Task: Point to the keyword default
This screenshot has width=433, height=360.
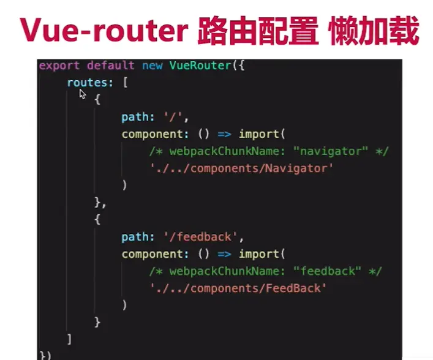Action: pos(111,65)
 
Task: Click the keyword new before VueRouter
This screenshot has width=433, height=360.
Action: pos(152,65)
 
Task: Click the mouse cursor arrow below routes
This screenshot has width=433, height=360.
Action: pos(83,94)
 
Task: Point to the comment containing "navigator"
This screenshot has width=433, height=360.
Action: pos(268,151)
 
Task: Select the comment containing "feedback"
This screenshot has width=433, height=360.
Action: pos(265,271)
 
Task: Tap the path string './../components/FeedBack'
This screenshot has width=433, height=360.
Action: pos(238,288)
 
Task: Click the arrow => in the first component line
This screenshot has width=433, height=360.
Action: pos(225,133)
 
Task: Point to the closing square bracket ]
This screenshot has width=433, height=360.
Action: pos(69,339)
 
